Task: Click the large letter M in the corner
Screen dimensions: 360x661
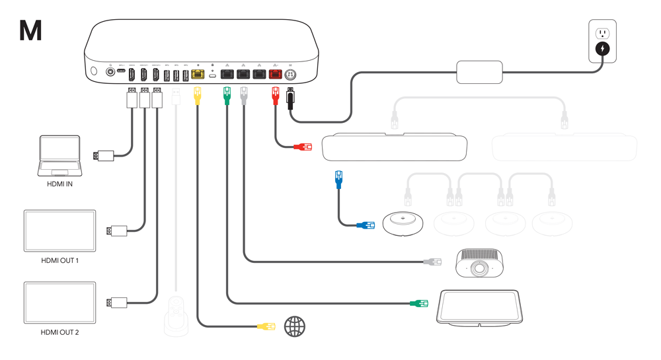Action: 30,30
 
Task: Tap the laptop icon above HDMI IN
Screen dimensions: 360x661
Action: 59,156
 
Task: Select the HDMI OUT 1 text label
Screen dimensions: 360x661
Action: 59,261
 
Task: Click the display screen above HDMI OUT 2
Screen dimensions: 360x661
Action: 59,303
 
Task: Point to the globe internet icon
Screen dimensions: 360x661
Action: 295,326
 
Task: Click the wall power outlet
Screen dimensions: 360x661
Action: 603,41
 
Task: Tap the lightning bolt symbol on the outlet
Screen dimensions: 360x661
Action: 603,49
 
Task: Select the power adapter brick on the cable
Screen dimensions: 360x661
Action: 479,72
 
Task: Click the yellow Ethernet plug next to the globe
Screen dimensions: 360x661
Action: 266,326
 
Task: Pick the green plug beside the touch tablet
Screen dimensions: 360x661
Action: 418,303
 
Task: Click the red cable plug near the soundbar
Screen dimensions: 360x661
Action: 302,147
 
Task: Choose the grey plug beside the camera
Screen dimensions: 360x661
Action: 432,262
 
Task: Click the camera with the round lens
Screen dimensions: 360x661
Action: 481,263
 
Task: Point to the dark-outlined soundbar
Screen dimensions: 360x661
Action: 395,148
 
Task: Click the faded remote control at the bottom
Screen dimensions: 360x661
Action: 176,316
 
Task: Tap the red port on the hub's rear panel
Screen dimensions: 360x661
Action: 275,74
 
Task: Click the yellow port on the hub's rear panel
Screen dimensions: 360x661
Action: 197,74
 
